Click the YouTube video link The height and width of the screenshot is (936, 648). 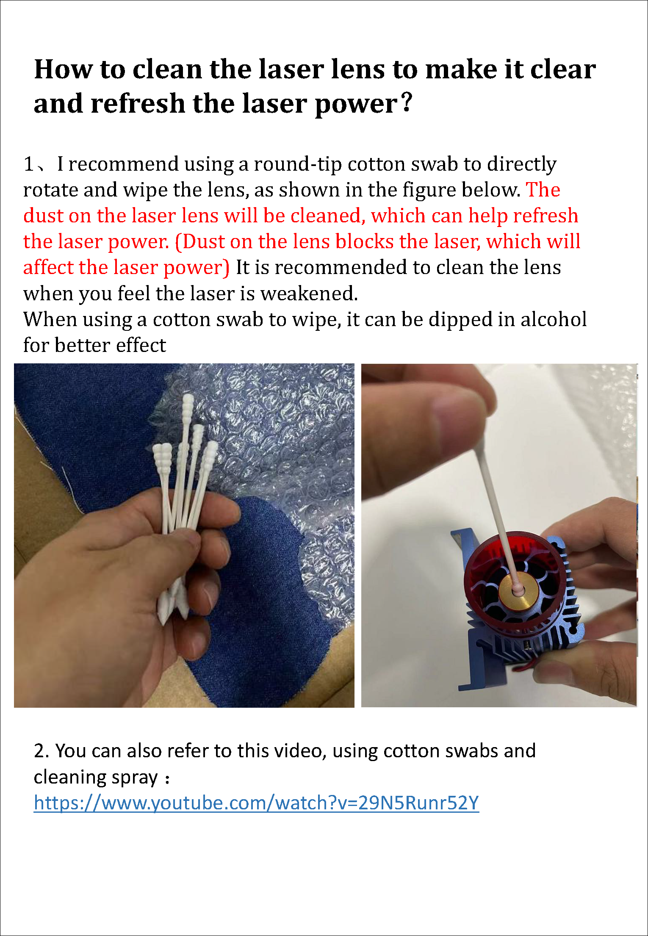256,803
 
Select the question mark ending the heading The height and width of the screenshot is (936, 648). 406,103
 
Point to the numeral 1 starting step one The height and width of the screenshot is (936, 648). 29,164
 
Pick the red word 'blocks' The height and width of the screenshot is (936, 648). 365,241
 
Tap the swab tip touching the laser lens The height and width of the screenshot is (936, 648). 518,587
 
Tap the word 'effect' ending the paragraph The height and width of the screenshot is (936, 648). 141,345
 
